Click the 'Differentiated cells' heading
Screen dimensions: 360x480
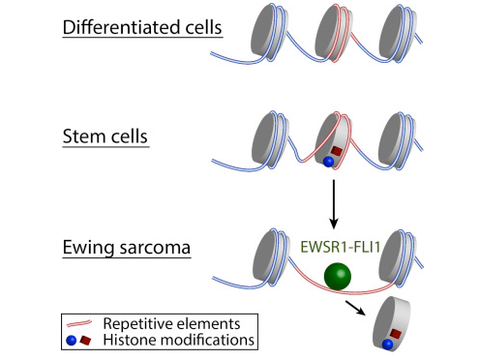tap(142, 26)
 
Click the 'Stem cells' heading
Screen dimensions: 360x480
tap(104, 136)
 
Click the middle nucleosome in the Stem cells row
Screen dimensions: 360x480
tap(334, 144)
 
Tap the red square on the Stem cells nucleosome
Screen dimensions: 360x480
tap(338, 152)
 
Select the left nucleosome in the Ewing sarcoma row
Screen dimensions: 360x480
tap(272, 254)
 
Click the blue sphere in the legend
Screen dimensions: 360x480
tap(74, 340)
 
